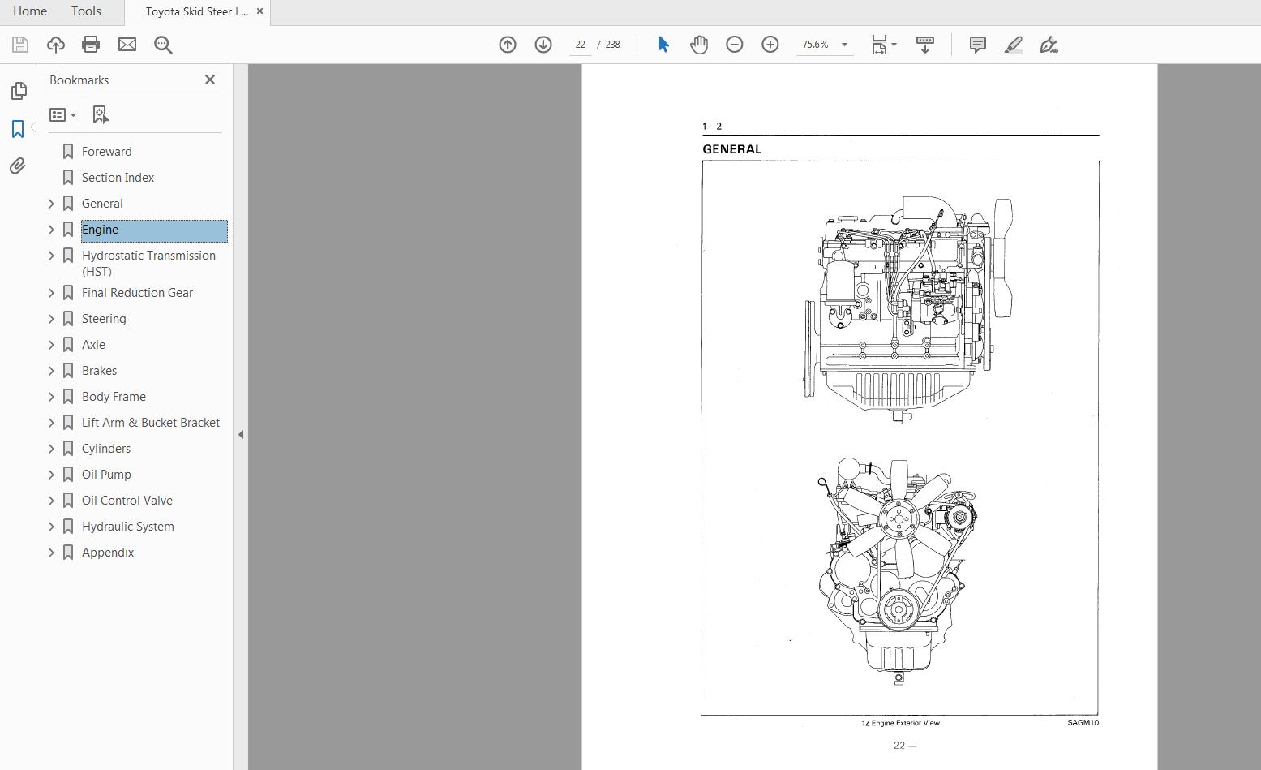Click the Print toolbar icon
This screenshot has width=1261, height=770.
91,45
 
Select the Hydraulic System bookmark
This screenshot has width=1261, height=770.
127,527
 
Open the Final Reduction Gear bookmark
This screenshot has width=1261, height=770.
137,293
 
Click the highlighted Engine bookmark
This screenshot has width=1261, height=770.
101,230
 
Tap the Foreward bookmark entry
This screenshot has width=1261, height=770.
106,152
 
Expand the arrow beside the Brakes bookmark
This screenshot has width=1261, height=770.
51,371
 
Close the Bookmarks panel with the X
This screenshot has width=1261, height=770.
210,80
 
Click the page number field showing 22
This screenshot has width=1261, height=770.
580,45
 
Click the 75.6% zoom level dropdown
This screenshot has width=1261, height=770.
824,45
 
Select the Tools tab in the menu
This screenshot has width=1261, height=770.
86,11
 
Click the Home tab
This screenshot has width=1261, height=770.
30,11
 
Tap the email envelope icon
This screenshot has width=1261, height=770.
127,45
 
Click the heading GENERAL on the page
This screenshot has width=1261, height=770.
731,149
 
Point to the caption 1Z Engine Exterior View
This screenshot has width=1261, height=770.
900,723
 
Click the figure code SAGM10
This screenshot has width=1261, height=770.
1083,723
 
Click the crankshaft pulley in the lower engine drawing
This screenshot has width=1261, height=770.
898,609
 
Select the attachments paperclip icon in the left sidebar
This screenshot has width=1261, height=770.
18,166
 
